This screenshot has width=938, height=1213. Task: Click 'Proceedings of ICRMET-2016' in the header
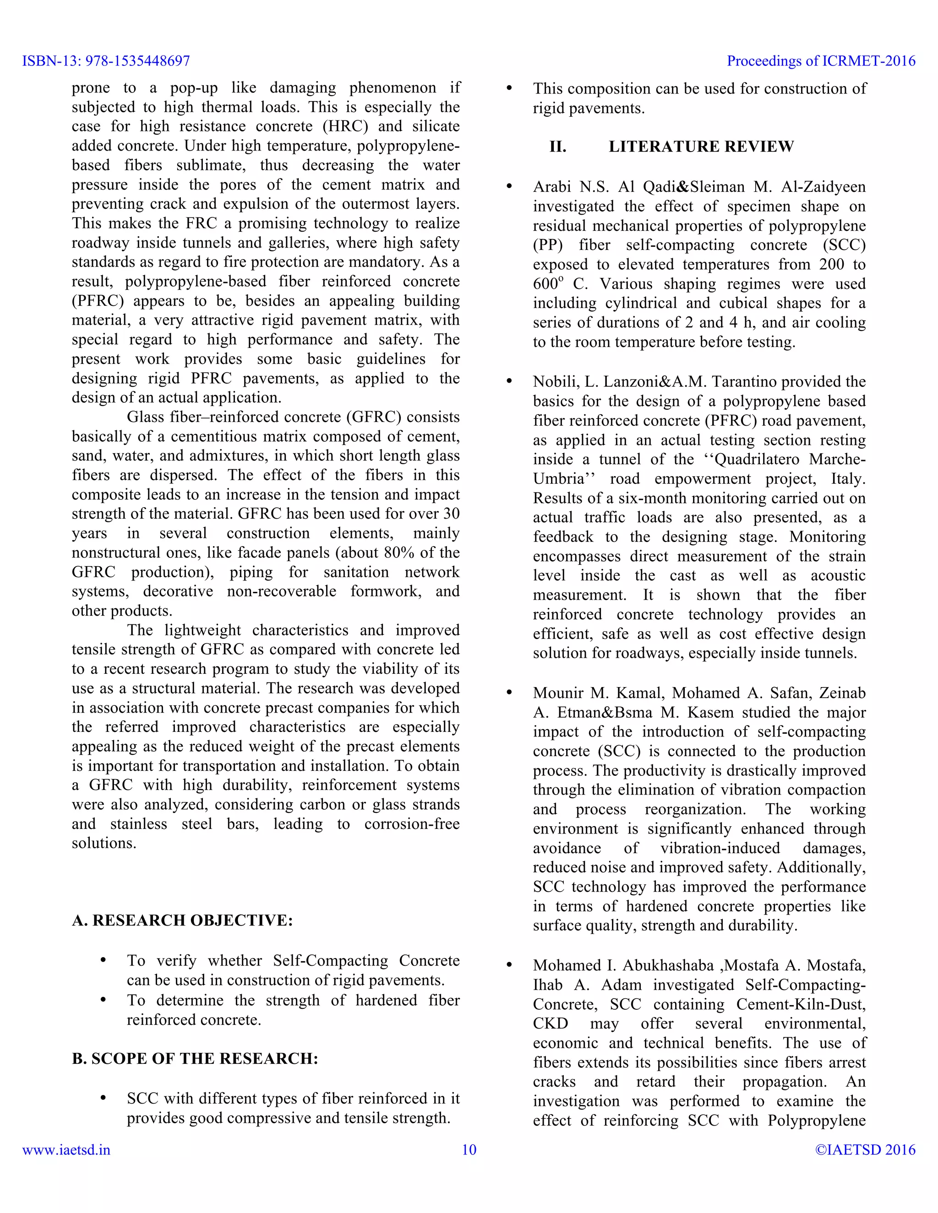[821, 61]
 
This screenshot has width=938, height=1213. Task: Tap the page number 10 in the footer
[469, 1150]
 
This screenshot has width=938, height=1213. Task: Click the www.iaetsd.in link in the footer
[66, 1150]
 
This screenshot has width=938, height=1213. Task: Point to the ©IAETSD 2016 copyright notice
[865, 1150]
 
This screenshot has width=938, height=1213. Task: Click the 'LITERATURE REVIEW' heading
[701, 146]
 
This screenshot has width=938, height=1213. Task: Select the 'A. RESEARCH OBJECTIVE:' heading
[182, 921]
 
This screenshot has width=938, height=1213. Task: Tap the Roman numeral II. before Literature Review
[557, 146]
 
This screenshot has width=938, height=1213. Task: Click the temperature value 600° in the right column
[548, 284]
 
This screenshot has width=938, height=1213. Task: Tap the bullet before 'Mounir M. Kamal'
[509, 693]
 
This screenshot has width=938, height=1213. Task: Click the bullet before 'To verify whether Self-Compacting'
[103, 960]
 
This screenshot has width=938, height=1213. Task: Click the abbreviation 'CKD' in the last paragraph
[550, 1023]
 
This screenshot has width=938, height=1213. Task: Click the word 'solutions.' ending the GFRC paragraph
[104, 843]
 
